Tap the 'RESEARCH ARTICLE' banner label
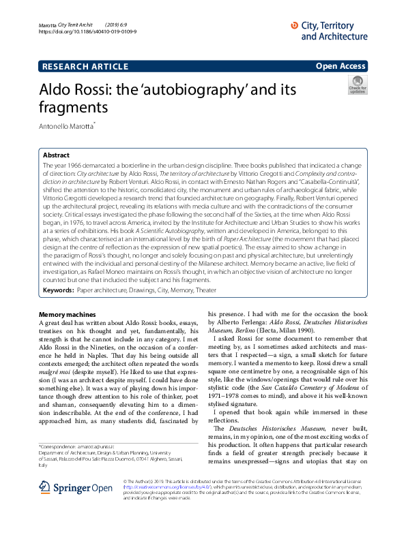pyautogui.click(x=85, y=66)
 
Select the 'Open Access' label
pyautogui.click(x=340, y=66)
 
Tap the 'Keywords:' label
pyautogui.click(x=59, y=290)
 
